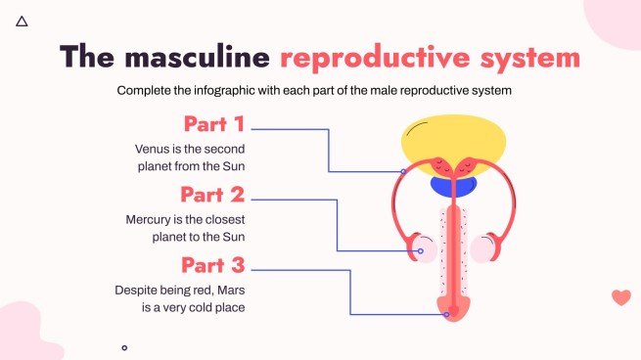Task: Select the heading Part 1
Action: (x=214, y=125)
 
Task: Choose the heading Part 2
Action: (x=212, y=195)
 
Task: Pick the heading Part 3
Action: (x=212, y=265)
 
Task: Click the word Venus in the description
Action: (x=154, y=149)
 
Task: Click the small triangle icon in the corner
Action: (x=22, y=20)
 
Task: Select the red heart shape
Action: (x=620, y=297)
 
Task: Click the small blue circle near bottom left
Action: (x=124, y=347)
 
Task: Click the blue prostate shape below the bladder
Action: (x=453, y=184)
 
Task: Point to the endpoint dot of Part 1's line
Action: (x=403, y=171)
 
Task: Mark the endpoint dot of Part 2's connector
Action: (x=420, y=251)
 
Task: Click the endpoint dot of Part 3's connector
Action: (x=447, y=314)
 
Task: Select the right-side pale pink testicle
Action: (x=483, y=248)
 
